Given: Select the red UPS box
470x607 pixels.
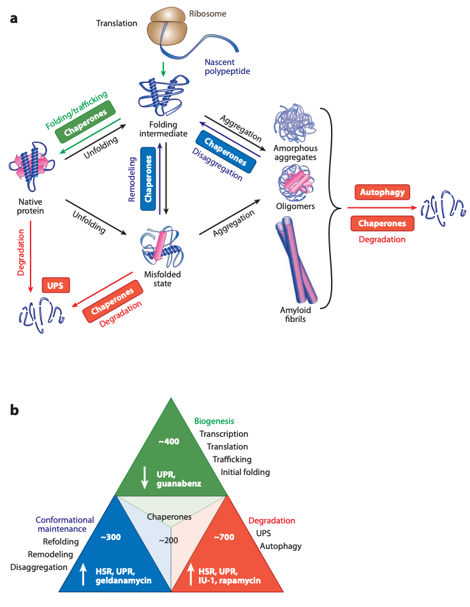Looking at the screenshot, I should pyautogui.click(x=55, y=286).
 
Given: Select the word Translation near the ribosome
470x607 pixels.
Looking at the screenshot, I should pyautogui.click(x=117, y=24).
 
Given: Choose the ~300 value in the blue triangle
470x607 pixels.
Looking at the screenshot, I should pyautogui.click(x=111, y=537).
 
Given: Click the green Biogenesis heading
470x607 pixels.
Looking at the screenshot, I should pyautogui.click(x=215, y=421).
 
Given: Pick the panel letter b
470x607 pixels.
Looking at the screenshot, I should pyautogui.click(x=14, y=411).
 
